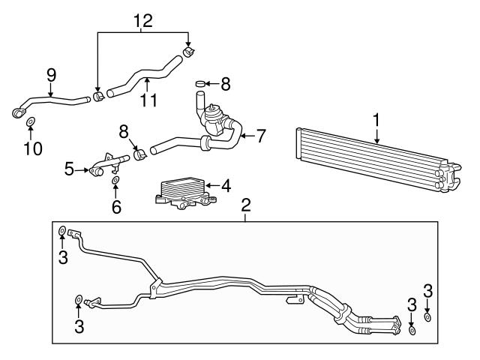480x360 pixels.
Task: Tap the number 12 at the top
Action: (x=142, y=20)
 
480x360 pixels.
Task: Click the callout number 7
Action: (x=261, y=136)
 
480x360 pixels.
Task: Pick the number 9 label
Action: (x=51, y=75)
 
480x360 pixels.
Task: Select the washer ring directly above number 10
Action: (x=31, y=121)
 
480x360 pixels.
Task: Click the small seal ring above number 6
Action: (x=115, y=181)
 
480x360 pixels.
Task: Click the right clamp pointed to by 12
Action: (x=188, y=52)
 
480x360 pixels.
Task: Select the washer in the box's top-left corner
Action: (x=62, y=231)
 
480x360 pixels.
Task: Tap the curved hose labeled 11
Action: (x=142, y=81)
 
